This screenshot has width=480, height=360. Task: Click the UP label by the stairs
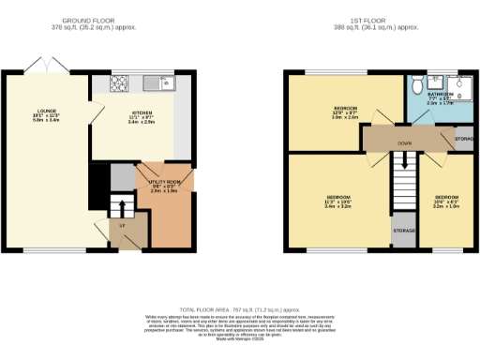tap(121, 226)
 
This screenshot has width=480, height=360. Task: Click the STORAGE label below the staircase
tap(404, 230)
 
